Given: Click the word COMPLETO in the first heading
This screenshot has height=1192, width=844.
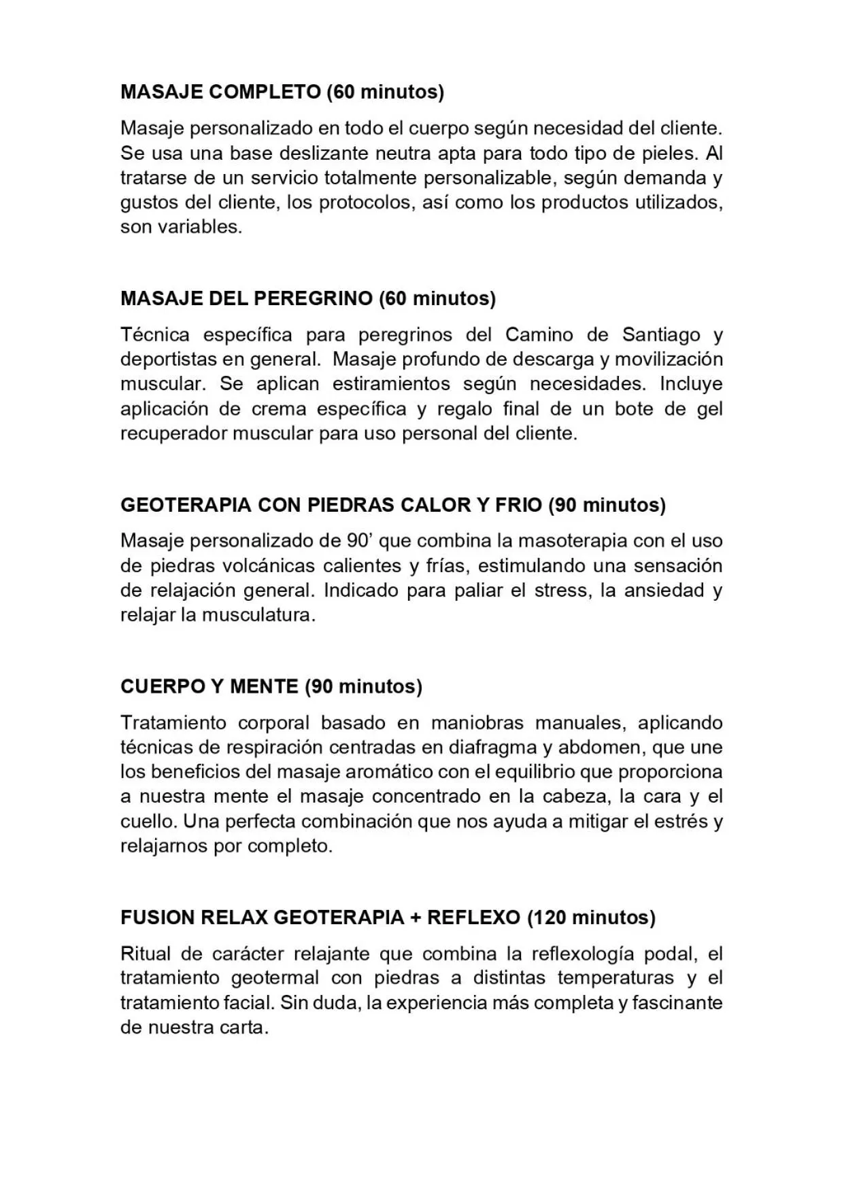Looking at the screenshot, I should click(x=265, y=92).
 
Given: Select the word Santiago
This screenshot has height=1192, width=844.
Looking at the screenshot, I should click(x=661, y=335).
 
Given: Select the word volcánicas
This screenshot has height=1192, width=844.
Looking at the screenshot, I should click(x=269, y=566).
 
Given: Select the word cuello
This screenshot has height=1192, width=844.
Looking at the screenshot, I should click(x=148, y=822).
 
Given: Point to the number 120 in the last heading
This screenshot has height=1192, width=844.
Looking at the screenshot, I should click(x=550, y=918).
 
